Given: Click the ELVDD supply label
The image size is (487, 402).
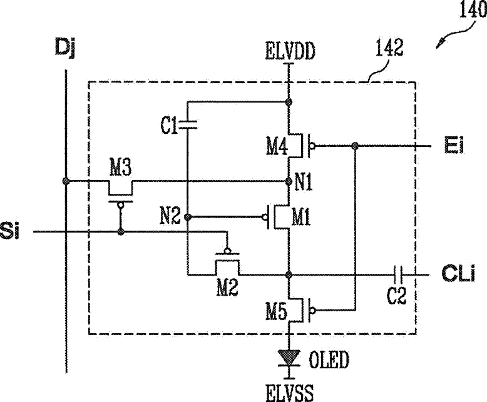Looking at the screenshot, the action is tap(290, 51).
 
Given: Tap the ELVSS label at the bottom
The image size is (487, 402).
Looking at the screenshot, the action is tap(289, 393).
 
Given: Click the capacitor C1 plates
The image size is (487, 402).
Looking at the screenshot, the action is tap(188, 124).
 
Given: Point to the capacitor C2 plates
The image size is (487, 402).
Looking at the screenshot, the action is tap(398, 274).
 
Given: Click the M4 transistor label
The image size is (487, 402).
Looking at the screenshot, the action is tap(277, 146).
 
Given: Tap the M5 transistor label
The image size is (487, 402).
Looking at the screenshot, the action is tap(277, 311).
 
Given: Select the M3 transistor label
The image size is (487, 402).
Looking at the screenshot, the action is tap(121, 168).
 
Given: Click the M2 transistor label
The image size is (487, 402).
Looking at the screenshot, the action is tap(227, 288).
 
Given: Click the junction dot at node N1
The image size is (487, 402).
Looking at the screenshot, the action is tap(289, 181).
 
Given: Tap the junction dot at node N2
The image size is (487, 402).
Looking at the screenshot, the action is tap(188, 216).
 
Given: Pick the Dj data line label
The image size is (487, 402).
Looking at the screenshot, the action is tap(65, 48).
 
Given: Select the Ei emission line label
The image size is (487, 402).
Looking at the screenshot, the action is tap(454, 145).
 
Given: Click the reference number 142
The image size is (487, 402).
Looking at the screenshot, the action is tap(389, 47).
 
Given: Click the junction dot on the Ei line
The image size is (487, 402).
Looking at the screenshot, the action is tap(355, 146).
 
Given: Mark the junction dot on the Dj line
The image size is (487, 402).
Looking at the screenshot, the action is tap(66, 181).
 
